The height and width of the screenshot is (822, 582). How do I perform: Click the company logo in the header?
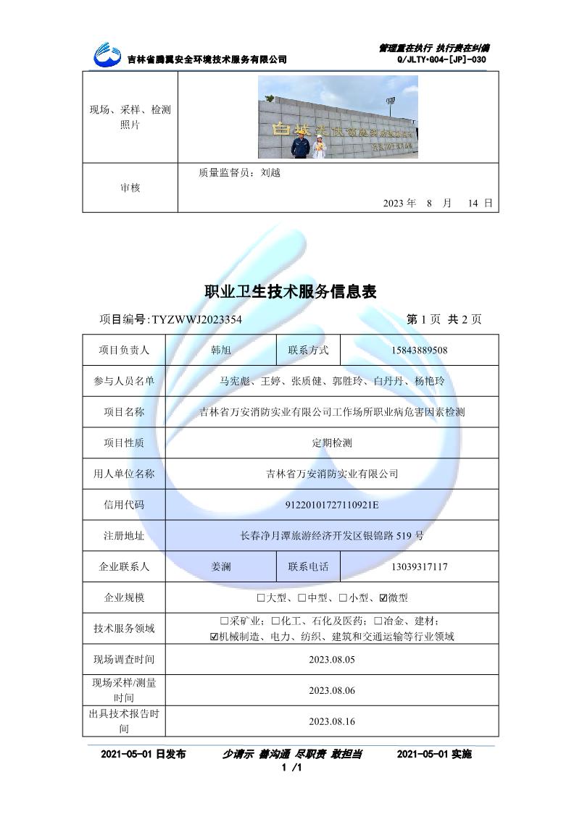click(109, 53)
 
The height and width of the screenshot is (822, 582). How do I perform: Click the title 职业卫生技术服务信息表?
click(291, 291)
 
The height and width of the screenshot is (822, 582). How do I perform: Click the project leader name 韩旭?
click(220, 351)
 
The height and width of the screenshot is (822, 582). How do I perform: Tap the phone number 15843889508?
click(419, 351)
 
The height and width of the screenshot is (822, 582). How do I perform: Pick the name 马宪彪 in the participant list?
click(233, 381)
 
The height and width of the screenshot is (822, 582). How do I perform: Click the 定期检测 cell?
click(332, 443)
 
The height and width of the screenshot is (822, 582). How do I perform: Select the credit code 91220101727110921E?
click(332, 505)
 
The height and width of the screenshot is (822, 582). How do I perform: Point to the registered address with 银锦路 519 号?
click(332, 536)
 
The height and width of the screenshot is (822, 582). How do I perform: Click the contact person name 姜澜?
click(220, 566)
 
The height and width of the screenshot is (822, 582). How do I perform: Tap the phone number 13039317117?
click(419, 566)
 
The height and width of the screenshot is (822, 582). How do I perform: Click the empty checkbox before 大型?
click(261, 598)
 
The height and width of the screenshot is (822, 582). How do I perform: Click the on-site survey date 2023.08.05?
click(332, 660)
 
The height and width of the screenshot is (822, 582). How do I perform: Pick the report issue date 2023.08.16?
click(332, 721)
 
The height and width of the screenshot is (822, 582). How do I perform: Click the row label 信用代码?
click(124, 505)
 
